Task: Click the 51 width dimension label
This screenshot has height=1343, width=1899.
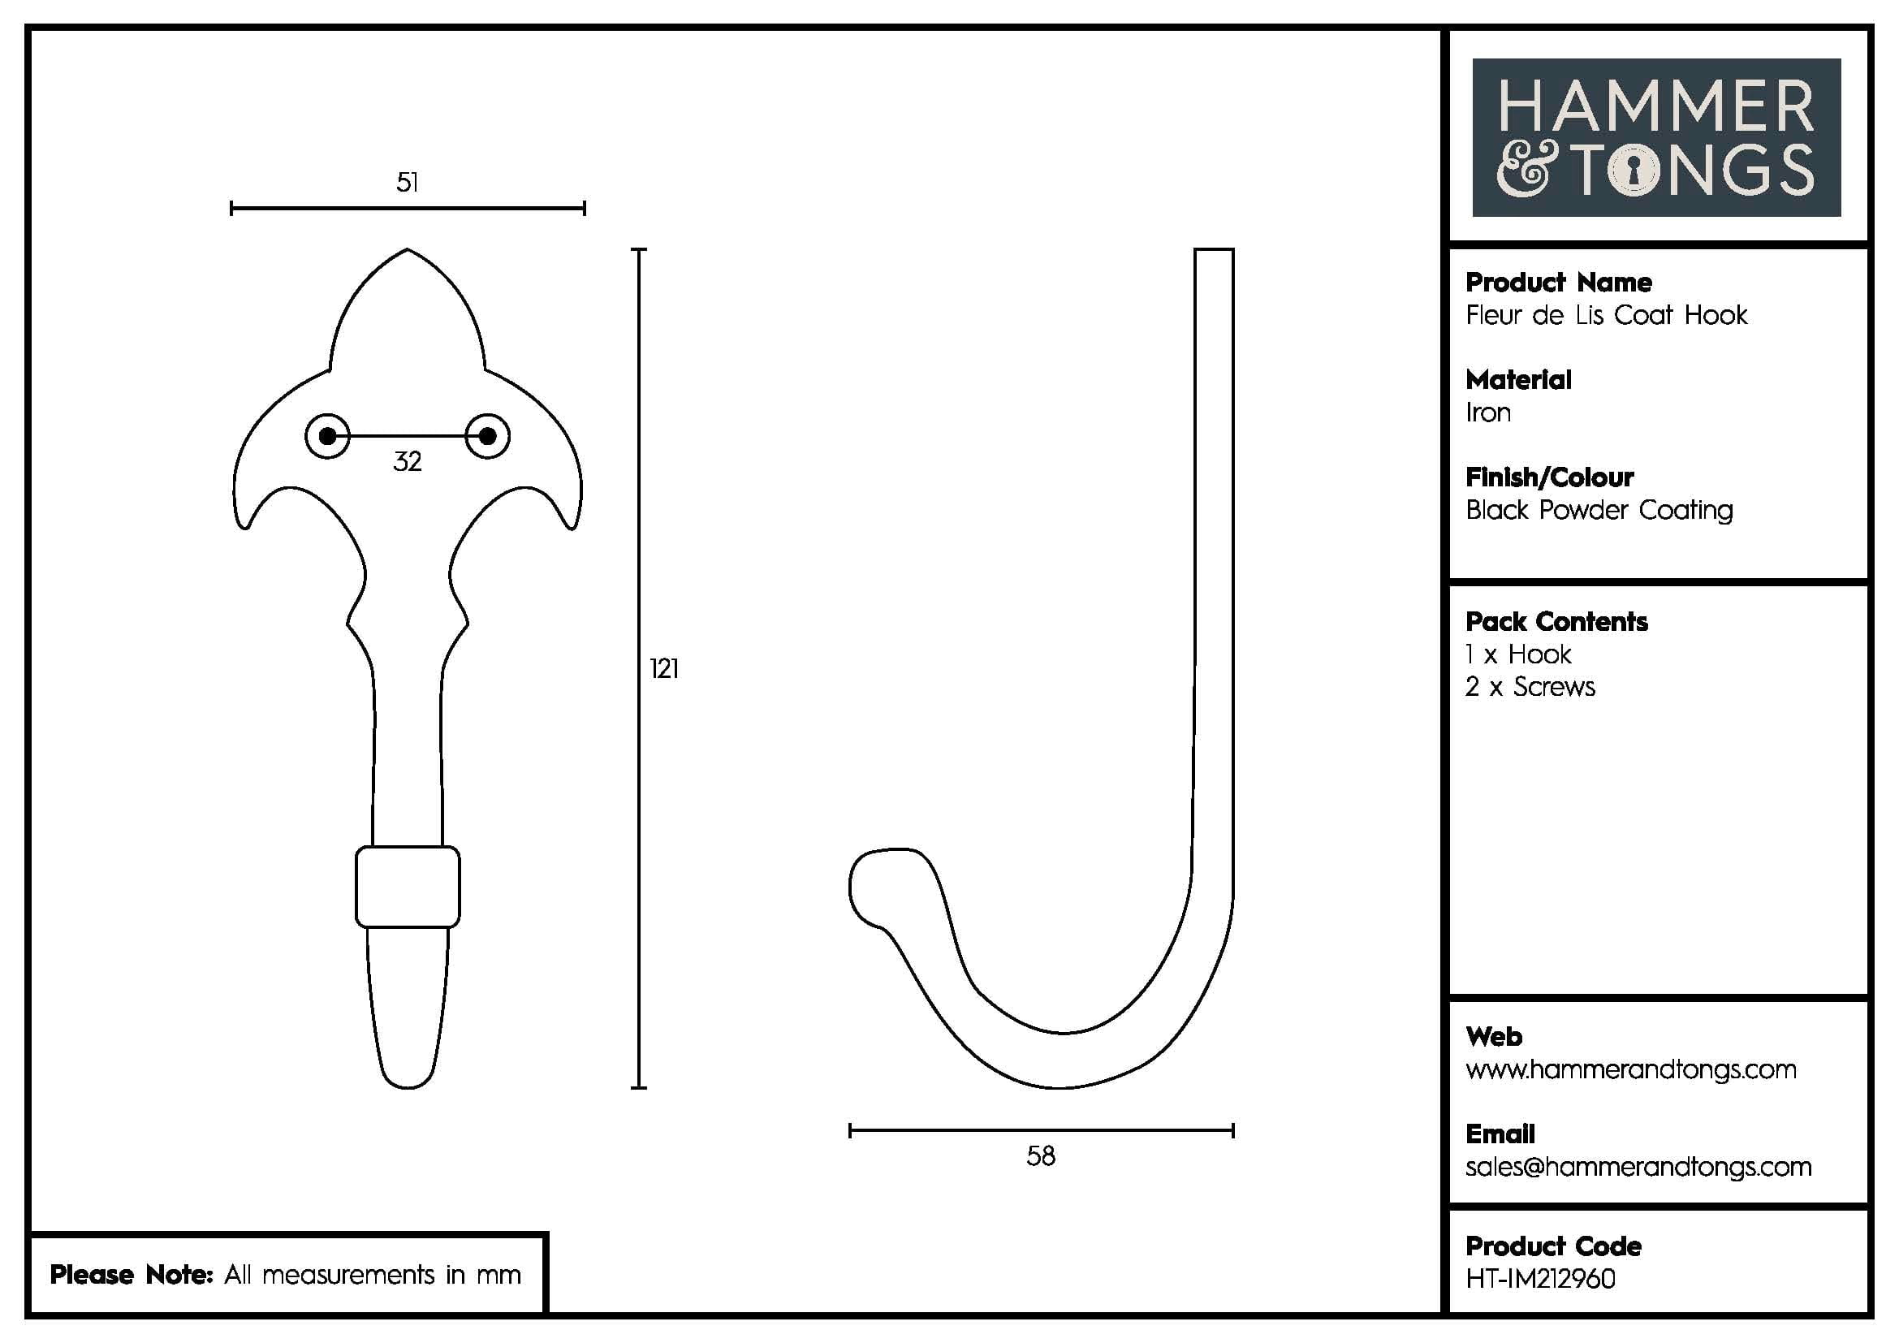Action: [x=407, y=182]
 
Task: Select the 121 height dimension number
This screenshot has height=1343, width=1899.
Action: [x=664, y=668]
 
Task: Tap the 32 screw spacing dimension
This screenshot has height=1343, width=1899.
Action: [x=407, y=461]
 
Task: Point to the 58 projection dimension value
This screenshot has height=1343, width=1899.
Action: [x=1041, y=1156]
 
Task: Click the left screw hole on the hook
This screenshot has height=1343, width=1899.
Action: [x=327, y=436]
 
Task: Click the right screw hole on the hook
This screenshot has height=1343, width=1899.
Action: [x=487, y=436]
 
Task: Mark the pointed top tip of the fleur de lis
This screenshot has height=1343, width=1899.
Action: [x=407, y=251]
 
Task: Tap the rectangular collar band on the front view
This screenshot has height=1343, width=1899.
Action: [x=408, y=887]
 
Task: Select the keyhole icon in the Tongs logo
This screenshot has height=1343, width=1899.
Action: [x=1634, y=171]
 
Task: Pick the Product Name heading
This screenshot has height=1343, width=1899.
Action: [x=1558, y=283]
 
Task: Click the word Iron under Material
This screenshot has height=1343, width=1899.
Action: [x=1488, y=412]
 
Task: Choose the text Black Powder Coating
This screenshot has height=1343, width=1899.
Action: [x=1599, y=510]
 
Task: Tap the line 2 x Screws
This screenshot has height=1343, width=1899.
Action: [x=1530, y=687]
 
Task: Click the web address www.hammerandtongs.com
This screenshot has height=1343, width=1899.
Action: [x=1630, y=1069]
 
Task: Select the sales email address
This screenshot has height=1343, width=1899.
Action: [x=1638, y=1167]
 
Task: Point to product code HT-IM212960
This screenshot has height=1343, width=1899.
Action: [x=1540, y=1279]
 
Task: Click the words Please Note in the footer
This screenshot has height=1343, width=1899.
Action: [x=132, y=1274]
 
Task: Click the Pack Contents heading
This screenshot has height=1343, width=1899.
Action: [x=1556, y=622]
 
